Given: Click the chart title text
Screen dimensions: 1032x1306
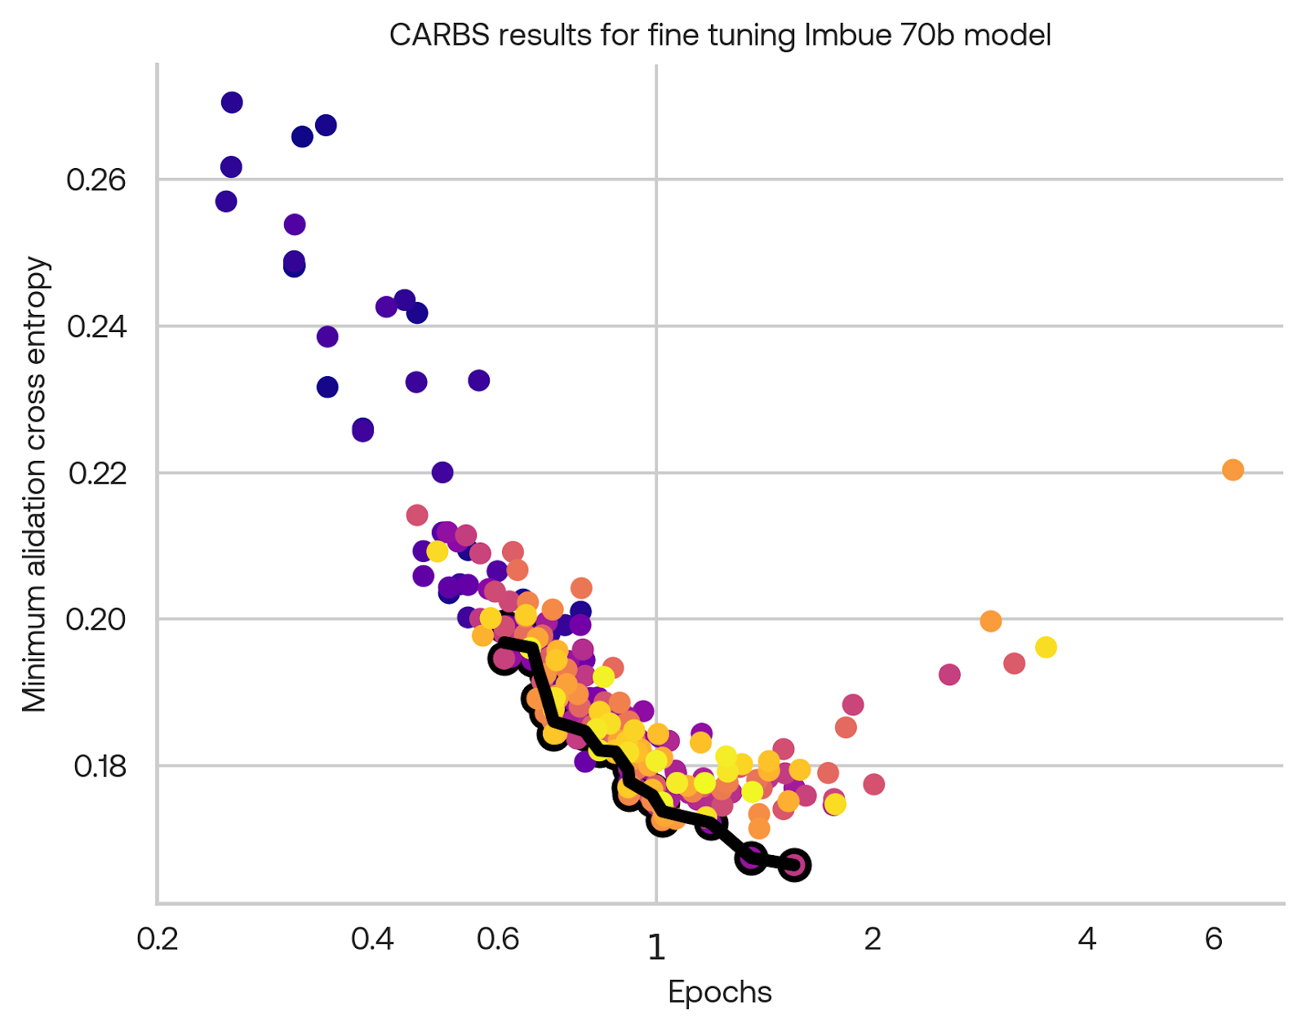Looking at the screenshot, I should point(719,35).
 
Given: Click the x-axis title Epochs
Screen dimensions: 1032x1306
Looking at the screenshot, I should point(719,992).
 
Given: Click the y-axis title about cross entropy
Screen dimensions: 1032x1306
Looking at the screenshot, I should point(35,485).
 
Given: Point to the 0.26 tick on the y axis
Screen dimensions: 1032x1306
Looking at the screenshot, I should point(96,179).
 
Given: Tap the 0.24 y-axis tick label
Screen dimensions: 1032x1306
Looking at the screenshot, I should point(96,326).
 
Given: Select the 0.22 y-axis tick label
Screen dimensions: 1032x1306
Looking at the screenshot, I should point(96,473).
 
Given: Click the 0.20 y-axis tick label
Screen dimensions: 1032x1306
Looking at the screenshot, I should point(96,619).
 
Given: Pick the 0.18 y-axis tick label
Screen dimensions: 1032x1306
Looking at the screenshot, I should point(99,766).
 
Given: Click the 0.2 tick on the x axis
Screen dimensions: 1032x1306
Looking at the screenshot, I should point(158,940).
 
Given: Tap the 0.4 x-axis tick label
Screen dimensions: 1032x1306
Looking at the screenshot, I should point(372,940).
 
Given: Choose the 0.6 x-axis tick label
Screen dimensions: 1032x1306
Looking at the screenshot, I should point(498,940).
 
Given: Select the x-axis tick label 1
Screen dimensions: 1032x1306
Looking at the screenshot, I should point(656,946).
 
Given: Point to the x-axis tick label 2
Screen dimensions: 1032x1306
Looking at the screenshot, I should point(873,940).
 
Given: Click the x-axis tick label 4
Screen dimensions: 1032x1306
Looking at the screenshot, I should point(1086,940).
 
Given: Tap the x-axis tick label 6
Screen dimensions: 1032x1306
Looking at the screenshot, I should point(1214,940).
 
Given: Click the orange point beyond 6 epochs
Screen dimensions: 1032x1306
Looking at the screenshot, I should point(1233,470).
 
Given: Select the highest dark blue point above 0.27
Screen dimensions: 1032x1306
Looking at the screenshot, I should point(232,102).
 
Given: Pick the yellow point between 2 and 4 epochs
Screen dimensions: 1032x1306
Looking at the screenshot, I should point(1046,648).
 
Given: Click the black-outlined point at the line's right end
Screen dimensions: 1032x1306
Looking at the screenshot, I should point(794,865).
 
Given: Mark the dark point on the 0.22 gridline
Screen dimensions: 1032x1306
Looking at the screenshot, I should point(442,472).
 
